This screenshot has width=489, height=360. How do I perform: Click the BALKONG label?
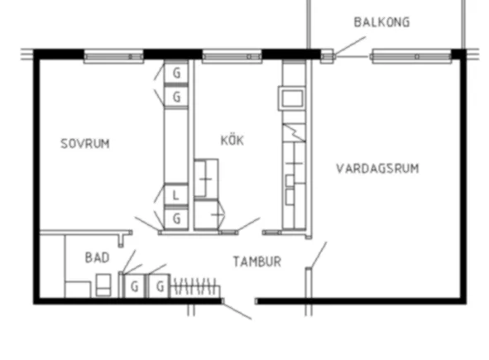(x=381, y=22)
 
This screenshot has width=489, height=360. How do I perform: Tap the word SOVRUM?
(x=85, y=144)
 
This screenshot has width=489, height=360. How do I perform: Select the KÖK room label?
(x=233, y=140)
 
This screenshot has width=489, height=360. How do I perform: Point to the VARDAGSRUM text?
(x=377, y=169)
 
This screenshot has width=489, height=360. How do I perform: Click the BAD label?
(x=97, y=257)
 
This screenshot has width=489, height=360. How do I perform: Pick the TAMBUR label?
(x=257, y=262)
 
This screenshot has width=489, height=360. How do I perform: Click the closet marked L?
(x=176, y=194)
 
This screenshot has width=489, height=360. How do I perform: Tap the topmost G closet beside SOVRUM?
(x=176, y=73)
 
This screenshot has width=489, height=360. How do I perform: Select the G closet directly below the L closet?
(x=176, y=219)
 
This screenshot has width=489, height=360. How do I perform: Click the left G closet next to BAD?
(x=134, y=286)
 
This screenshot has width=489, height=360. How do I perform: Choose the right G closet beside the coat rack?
(x=160, y=286)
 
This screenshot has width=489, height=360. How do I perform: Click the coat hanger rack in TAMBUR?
(x=195, y=286)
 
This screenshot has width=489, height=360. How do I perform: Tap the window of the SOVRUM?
(x=114, y=57)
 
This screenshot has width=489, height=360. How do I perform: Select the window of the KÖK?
(x=232, y=57)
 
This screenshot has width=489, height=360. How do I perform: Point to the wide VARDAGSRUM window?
(x=411, y=57)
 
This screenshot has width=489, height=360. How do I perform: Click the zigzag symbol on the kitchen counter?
(x=294, y=132)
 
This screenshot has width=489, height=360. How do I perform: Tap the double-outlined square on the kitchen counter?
(x=292, y=98)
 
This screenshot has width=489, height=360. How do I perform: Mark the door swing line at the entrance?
(x=237, y=310)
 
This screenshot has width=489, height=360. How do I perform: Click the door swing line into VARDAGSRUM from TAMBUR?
(x=319, y=255)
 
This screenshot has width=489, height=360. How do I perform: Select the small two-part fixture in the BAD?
(x=103, y=285)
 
